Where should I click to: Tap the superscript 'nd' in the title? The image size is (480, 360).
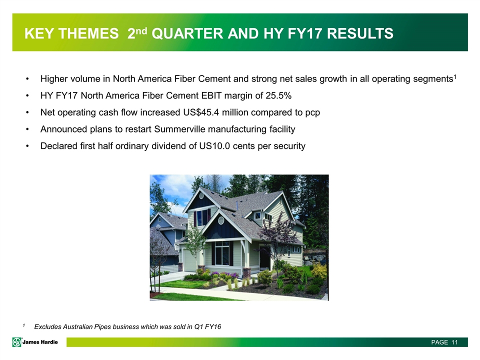(x=141, y=30)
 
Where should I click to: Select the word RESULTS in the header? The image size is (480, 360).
(x=360, y=33)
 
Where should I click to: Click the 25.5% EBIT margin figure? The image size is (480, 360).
(x=278, y=96)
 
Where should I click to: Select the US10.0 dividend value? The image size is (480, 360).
(x=214, y=146)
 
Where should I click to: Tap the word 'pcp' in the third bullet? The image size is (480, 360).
(x=312, y=113)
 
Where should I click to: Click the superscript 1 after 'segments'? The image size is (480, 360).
(x=455, y=76)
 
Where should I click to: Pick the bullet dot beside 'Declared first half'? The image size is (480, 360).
(x=27, y=146)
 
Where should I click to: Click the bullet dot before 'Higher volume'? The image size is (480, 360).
(x=27, y=79)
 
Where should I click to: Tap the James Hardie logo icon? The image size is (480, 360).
(x=17, y=342)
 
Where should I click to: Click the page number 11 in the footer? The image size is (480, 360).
(x=454, y=342)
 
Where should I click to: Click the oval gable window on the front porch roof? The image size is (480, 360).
(x=221, y=220)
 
